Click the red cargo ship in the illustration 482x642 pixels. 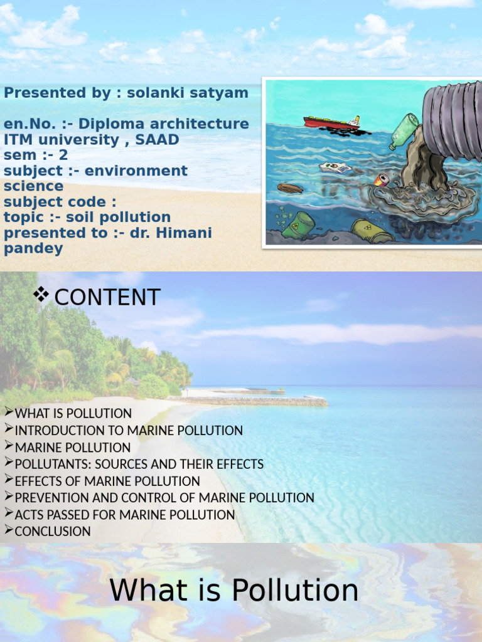(331, 122)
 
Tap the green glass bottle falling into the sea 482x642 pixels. (403, 130)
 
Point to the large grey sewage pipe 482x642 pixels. (452, 122)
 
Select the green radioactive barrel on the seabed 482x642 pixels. (299, 224)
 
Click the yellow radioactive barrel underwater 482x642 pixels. (371, 231)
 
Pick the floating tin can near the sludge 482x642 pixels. (381, 181)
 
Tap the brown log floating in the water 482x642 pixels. (289, 187)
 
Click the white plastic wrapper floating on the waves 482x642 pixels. (335, 167)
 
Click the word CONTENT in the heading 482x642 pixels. (107, 297)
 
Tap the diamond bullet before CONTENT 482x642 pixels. (42, 294)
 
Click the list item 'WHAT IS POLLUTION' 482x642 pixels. (73, 414)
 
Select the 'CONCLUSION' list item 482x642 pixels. (53, 532)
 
